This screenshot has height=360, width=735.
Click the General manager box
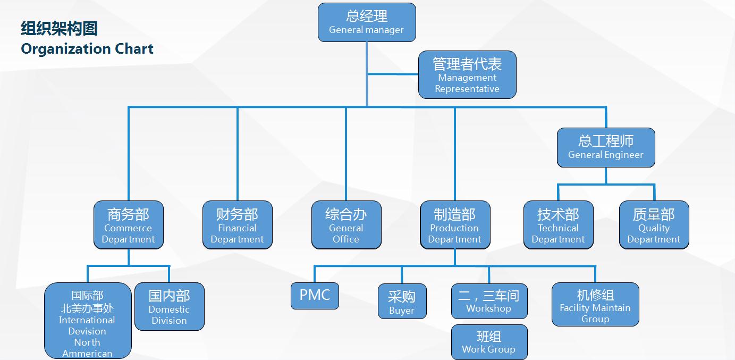(367, 22)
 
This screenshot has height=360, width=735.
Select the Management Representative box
(467, 75)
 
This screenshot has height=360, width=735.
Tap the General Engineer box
(606, 147)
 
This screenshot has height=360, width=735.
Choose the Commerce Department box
(128, 225)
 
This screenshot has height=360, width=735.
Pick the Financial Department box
(237, 225)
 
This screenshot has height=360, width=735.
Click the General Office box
(346, 225)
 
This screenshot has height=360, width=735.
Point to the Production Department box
(454, 225)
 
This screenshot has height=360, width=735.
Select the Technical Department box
(558, 225)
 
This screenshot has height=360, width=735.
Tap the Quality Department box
(654, 225)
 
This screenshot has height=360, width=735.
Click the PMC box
(315, 296)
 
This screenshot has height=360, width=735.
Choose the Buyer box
(402, 302)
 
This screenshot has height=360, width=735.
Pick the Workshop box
(489, 301)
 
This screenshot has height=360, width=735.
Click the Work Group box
(489, 342)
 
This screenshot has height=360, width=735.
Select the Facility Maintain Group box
(595, 304)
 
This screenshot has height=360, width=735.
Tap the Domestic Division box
(169, 306)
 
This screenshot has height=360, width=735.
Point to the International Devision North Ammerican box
(87, 321)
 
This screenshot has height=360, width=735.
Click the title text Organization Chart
(87, 49)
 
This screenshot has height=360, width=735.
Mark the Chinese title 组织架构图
(59, 28)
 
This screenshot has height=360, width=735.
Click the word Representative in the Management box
(467, 89)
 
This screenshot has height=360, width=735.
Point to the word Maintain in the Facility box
(613, 308)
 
